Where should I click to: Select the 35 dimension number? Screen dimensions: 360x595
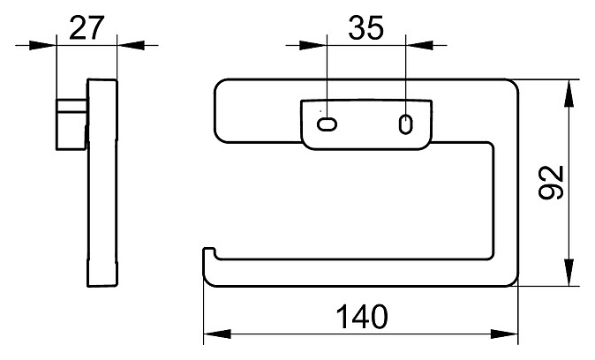tap(365, 28)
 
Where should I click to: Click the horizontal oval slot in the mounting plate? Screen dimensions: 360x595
tap(327, 124)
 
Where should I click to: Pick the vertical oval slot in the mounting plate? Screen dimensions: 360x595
tap(405, 123)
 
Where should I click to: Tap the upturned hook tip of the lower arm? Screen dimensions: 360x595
tap(208, 257)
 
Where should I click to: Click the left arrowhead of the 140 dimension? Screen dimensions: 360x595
tap(213, 334)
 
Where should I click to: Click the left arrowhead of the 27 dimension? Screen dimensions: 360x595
tap(48, 44)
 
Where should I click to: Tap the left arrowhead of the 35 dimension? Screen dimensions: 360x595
tap(319, 44)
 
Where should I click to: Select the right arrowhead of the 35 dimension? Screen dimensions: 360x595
tap(414, 44)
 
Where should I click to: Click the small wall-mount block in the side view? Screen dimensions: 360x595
tap(72, 123)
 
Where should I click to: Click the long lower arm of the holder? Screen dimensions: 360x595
tap(353, 273)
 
